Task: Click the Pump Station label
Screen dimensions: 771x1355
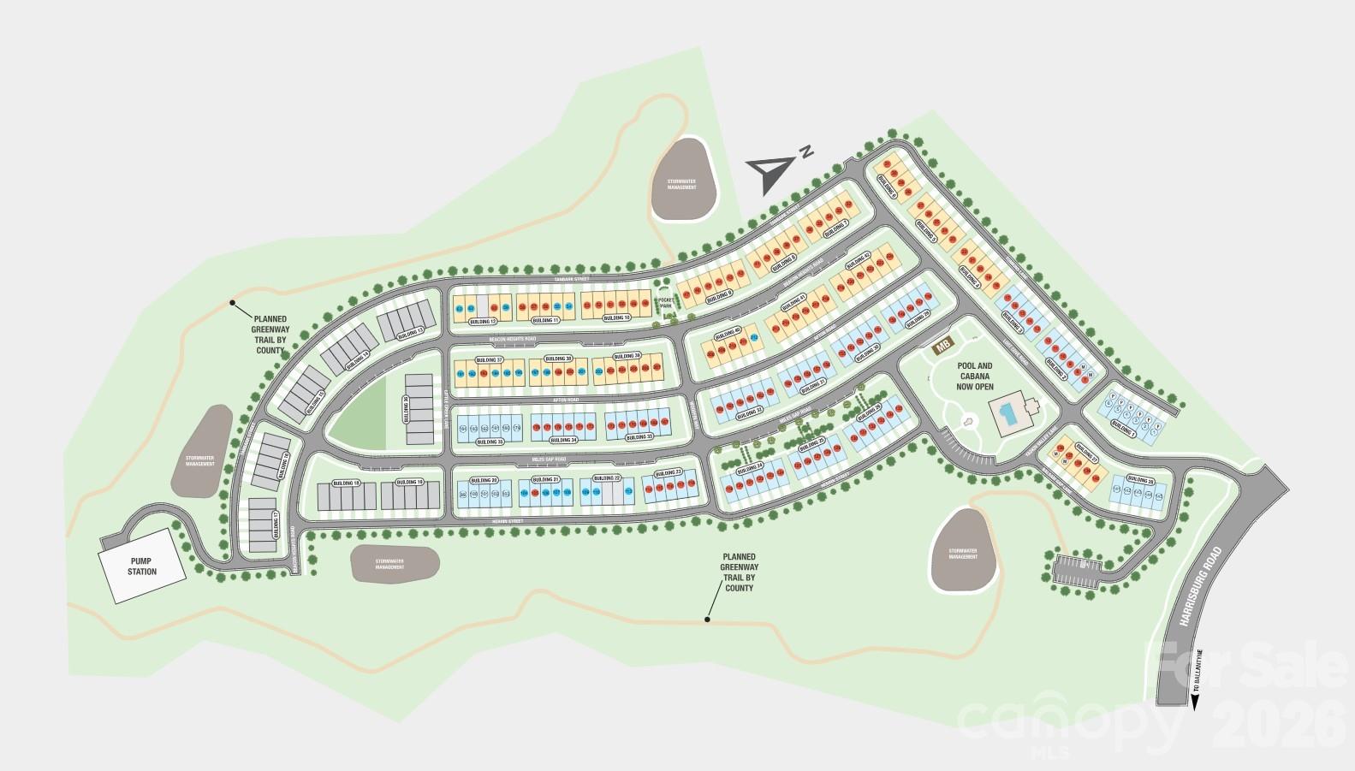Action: [142, 566]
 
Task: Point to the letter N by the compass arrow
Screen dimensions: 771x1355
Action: [806, 152]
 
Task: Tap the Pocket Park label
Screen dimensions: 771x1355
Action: [666, 302]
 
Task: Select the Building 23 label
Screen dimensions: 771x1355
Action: [668, 473]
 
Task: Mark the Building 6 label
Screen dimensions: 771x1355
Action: [887, 187]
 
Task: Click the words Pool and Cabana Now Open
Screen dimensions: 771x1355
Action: [974, 376]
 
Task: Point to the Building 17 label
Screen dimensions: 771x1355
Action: [276, 523]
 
